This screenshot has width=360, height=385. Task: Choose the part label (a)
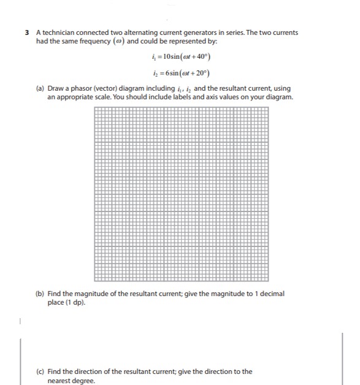tap(40, 89)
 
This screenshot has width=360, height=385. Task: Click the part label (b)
tap(40, 294)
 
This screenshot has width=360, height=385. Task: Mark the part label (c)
tap(40, 372)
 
